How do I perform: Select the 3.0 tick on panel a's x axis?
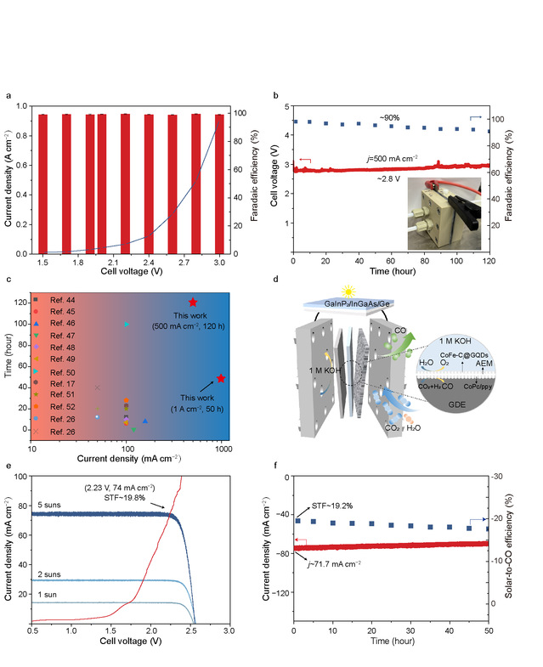point(220,264)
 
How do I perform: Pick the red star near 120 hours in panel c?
point(193,302)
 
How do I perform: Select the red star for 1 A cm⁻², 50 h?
point(221,378)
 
